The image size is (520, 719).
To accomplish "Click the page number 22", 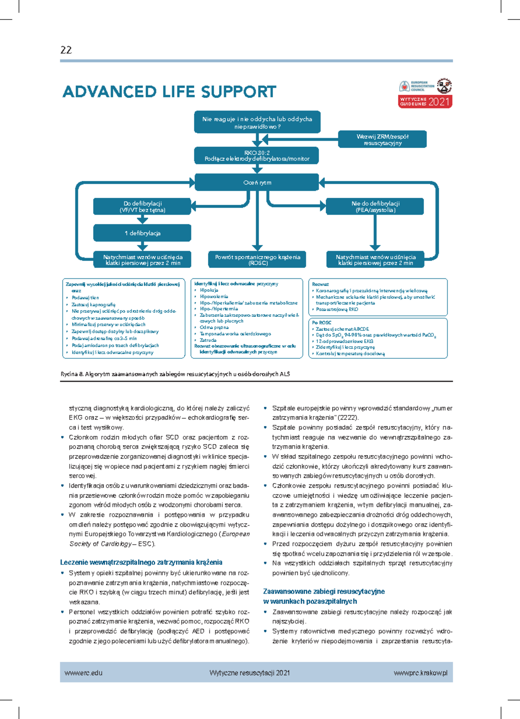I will tap(66, 50).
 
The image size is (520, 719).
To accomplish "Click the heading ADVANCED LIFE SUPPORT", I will tap(169, 92).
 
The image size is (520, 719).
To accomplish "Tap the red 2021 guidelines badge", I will tap(425, 102).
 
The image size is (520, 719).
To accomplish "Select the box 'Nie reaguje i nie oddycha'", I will tap(257, 123).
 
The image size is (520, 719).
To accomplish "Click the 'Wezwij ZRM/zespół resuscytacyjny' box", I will tap(382, 139).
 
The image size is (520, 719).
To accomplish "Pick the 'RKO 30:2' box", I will tap(257, 156).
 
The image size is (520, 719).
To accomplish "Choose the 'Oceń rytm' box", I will tap(257, 183).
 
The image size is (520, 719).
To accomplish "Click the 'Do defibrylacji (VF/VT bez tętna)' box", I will tap(142, 206).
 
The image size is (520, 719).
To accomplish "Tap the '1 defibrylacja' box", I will tap(142, 233).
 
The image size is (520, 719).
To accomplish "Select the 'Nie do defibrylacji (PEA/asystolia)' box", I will tap(375, 206).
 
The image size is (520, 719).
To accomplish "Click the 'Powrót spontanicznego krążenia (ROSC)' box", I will tap(257, 260).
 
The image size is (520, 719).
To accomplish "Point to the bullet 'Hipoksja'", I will tap(209, 290).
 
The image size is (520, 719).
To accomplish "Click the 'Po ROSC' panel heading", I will tap(322, 322).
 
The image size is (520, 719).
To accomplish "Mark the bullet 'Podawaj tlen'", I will tap(85, 298).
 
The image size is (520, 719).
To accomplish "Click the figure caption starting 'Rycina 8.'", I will tap(175, 374).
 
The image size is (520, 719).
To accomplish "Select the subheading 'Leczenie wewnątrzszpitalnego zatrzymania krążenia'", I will tap(141, 562).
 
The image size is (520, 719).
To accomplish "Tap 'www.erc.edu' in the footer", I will tap(84, 673).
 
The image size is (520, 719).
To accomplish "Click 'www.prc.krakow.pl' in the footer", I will tap(420, 673).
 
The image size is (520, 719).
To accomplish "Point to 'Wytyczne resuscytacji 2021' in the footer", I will tap(250, 673).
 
